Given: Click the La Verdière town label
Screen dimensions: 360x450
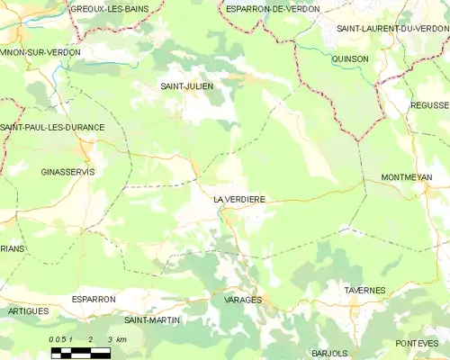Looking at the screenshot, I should pos(239,199).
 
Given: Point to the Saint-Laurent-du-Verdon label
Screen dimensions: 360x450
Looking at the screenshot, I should pos(392,29).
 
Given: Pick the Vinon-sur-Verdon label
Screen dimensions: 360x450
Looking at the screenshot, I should pos(40,52).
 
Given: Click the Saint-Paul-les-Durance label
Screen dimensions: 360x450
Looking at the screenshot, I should pos(52,128).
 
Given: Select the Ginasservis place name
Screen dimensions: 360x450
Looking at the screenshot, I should pos(68,171).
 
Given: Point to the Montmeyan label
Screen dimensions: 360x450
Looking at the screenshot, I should pos(407,177).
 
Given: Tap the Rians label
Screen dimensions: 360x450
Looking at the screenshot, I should pos(13,249).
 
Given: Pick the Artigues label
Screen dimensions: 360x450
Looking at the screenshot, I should pos(28,310).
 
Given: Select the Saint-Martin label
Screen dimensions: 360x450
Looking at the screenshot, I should pos(152,320).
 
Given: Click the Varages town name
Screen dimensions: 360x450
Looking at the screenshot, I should pos(242,299).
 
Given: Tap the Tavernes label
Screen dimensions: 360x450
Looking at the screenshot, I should pos(365,291).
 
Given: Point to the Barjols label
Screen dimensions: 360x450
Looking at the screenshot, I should pos(329,353).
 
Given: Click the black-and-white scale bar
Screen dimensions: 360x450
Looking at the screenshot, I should pos(80,352).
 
